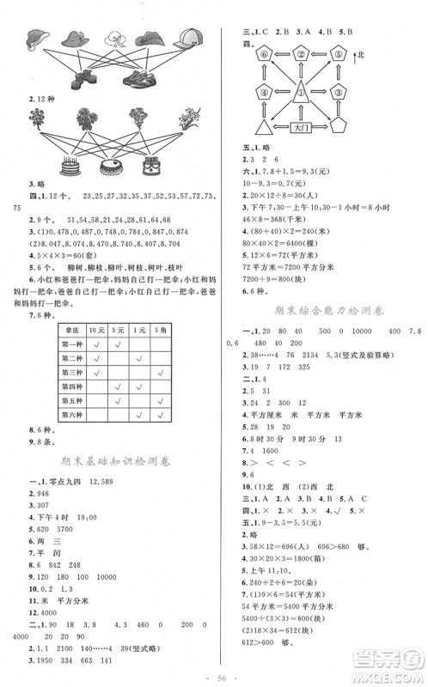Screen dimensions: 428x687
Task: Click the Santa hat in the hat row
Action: pos(37,40)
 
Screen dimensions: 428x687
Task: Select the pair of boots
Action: pos(83,78)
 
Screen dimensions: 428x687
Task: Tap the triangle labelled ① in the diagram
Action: pos(301,89)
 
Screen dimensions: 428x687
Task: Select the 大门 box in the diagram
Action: pos(301,126)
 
